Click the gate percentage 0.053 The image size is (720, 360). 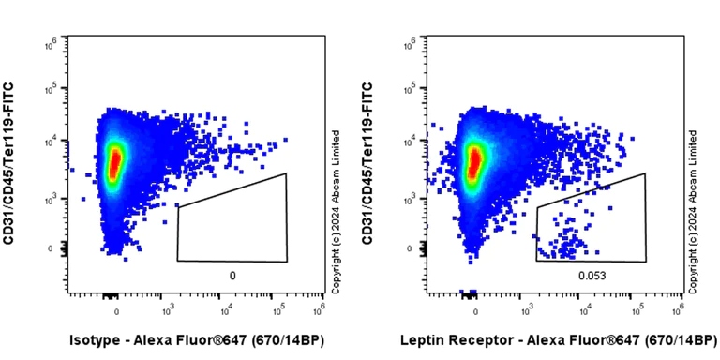coord(591,276)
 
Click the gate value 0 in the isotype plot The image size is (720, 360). coord(232,276)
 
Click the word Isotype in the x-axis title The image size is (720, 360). coord(96,339)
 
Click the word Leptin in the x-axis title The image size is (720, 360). coord(422,339)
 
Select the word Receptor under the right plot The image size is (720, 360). coord(477,339)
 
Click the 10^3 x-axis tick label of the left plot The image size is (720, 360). coord(169,310)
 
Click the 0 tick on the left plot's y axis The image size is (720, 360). coord(53,248)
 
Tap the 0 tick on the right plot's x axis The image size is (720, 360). coord(475,310)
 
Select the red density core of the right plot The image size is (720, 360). coord(474,159)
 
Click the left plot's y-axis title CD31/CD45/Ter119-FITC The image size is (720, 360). coord(9,163)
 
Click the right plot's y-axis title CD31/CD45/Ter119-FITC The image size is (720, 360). coord(368,163)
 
